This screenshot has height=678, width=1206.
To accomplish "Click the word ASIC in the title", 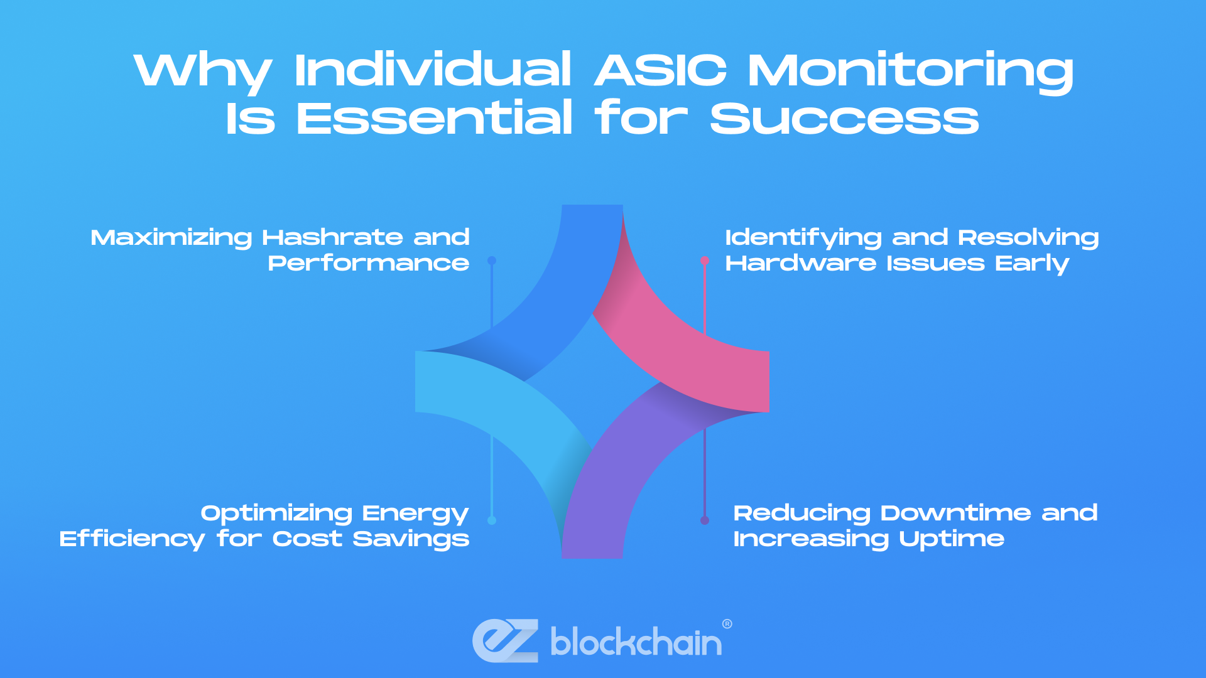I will click(660, 70).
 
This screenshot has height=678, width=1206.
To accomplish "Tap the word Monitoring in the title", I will click(911, 71).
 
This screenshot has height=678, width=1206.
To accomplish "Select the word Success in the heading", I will click(845, 118).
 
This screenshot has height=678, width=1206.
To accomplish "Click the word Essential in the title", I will click(434, 118).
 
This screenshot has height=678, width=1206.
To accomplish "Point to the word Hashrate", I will click(332, 237).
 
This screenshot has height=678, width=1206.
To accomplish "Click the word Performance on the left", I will click(369, 263).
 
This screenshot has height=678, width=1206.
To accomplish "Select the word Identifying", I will click(803, 238).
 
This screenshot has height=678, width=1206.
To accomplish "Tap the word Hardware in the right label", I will click(800, 263).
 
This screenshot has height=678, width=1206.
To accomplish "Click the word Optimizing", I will click(276, 514).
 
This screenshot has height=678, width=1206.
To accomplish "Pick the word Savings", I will click(411, 539).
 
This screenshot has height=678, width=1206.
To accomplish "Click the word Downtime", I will click(955, 513).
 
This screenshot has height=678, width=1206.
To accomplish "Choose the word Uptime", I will click(951, 539).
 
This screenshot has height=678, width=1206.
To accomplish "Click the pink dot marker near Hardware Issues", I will click(705, 261).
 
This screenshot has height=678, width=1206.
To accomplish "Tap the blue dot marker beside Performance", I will click(492, 261).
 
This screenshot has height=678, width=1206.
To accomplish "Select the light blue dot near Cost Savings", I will click(492, 520).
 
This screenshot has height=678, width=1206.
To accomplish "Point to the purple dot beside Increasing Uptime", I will click(705, 520).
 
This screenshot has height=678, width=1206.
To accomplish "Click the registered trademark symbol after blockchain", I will click(727, 624).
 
